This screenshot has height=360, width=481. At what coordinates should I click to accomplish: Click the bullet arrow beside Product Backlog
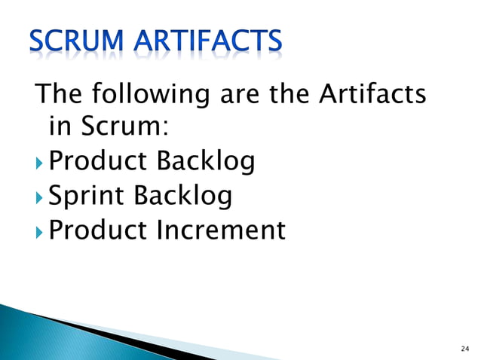coord(40,162)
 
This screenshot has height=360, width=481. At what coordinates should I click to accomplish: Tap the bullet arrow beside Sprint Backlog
coord(40,197)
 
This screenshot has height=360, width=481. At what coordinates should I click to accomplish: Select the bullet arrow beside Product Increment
coord(40,231)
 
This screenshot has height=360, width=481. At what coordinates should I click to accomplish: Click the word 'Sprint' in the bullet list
coord(86,197)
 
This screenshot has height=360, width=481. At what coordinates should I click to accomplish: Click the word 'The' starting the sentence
coord(59,95)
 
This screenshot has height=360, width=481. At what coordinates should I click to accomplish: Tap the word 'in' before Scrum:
coord(57,128)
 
